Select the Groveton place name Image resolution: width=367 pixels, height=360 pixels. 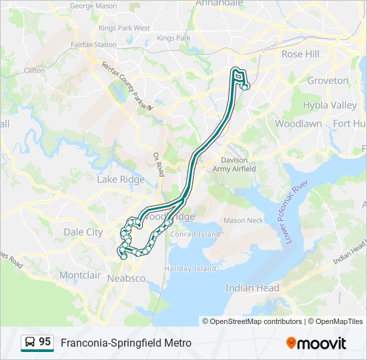coord(328,81)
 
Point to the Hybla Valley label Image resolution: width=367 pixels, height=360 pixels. coord(330,105)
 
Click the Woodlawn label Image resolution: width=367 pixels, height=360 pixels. coord(298,124)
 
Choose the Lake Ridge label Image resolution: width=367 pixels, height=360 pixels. coord(120,179)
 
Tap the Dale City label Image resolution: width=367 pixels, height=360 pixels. coord(83,232)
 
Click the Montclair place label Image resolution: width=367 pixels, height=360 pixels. coord(80,275)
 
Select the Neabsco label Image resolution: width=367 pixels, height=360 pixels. coord(126,278)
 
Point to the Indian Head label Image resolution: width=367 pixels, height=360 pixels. coord(252,288)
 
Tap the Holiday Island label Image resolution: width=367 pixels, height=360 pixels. coord(190,269)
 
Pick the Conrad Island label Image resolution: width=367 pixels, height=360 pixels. coord(196,234)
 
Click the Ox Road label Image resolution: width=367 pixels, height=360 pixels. coord(158,163)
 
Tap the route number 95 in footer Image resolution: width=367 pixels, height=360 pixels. coord(45,342)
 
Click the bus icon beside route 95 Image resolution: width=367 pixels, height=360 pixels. coord(30,343)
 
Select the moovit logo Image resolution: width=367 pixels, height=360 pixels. coord(316,343)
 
